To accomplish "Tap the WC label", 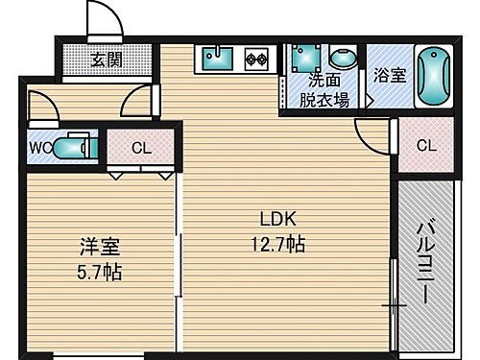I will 38,148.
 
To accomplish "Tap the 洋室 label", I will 96,248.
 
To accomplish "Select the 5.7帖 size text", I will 95,272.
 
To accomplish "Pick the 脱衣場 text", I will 324,97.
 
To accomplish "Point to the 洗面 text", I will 324,80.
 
